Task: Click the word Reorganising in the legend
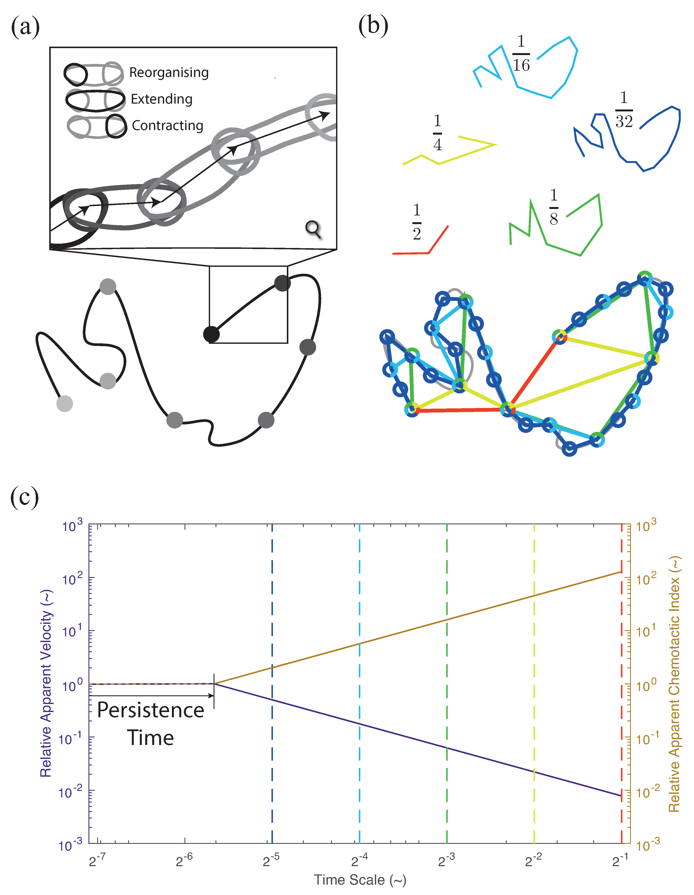click(169, 73)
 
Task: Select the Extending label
click(162, 99)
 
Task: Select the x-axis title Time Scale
click(360, 880)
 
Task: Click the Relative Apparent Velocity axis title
click(46, 683)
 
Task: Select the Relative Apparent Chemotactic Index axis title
click(675, 683)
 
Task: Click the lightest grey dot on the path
click(65, 404)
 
